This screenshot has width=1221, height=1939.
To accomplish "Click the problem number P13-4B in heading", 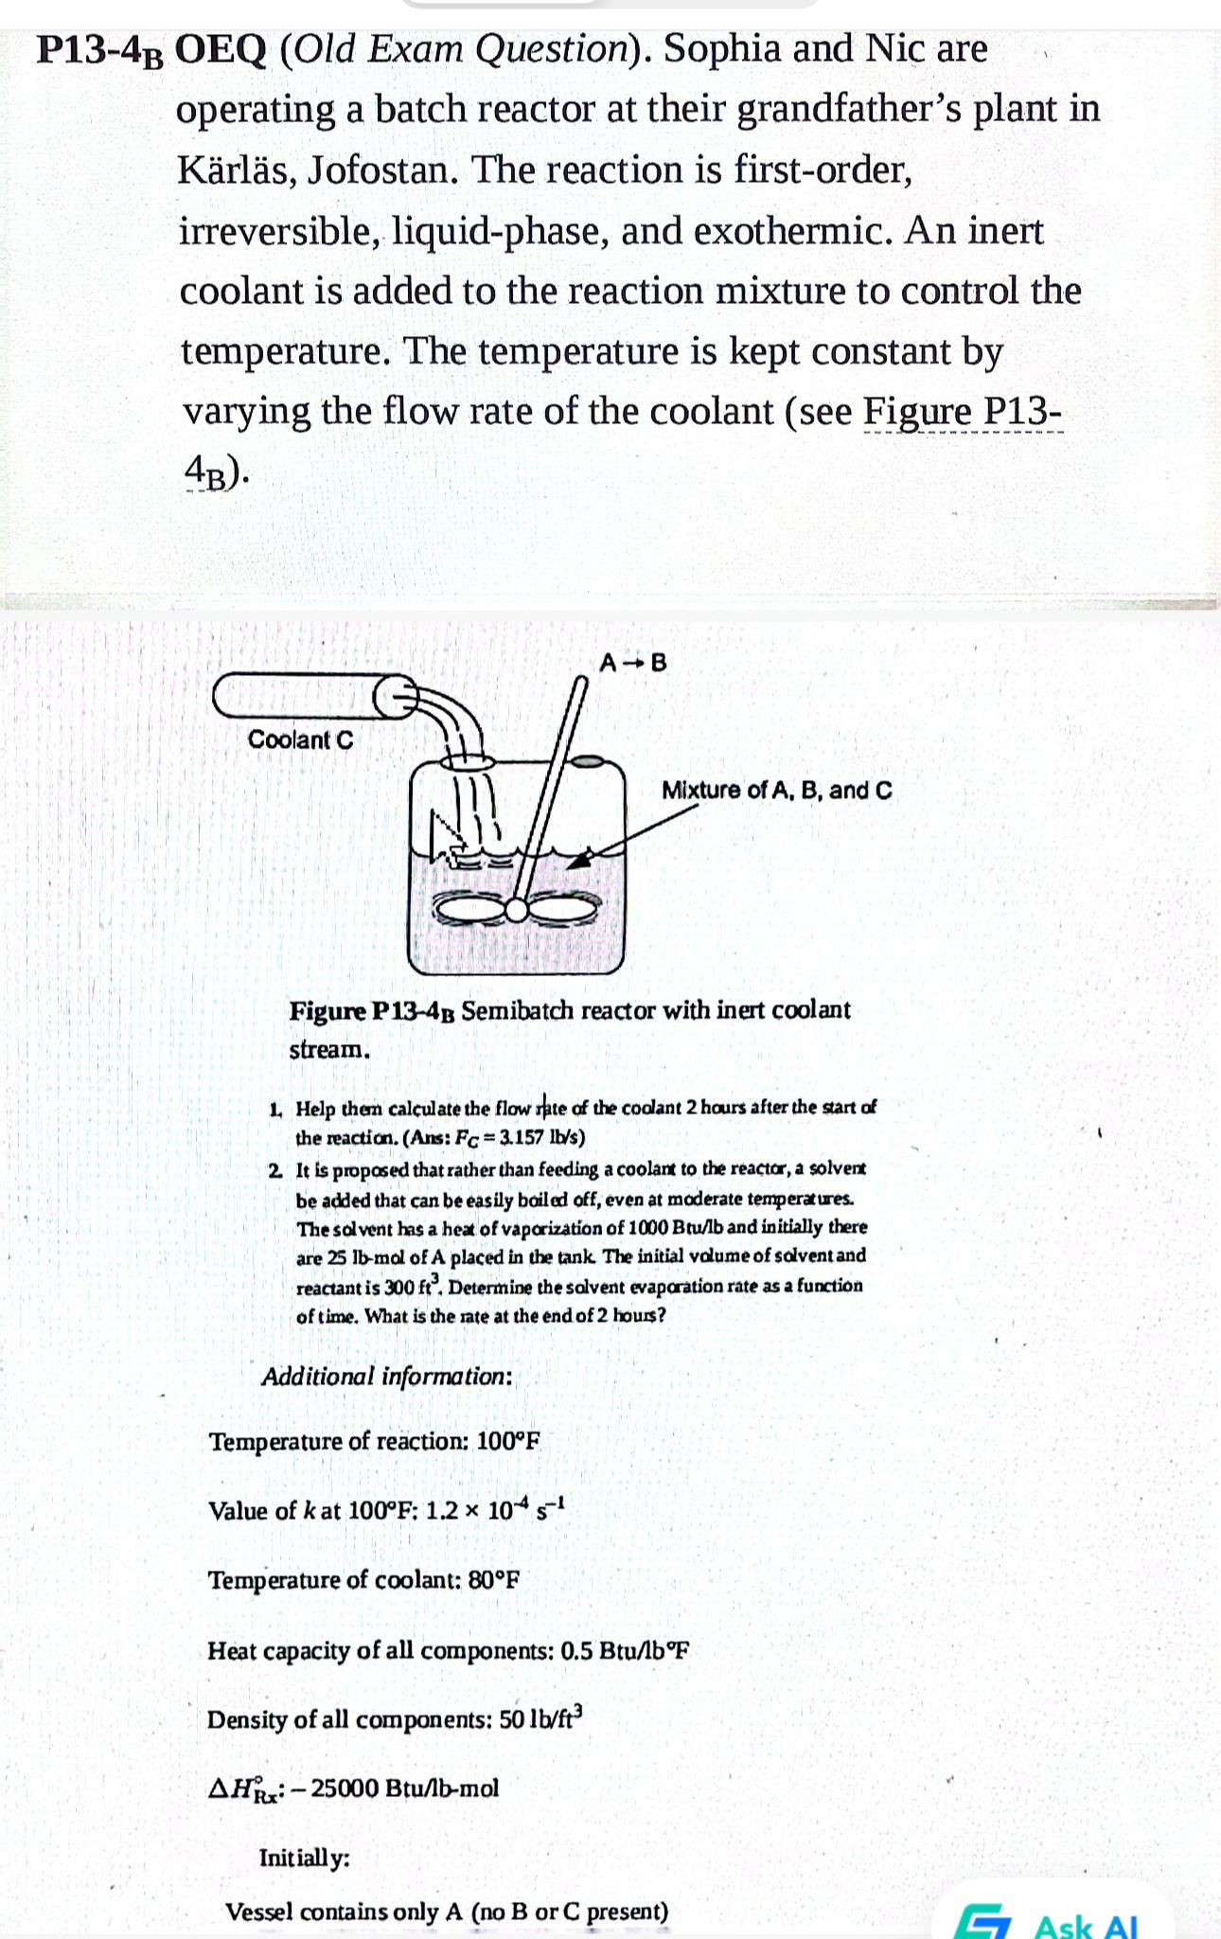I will pyautogui.click(x=99, y=50).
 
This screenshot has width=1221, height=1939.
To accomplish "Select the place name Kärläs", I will pyautogui.click(x=236, y=170).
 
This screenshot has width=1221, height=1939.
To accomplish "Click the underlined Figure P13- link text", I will pyautogui.click(x=963, y=412).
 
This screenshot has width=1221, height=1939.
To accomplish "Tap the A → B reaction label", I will pyautogui.click(x=632, y=663).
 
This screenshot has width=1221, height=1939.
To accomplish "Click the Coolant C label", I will pyautogui.click(x=300, y=739).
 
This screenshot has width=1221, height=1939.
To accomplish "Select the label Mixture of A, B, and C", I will pyautogui.click(x=776, y=790).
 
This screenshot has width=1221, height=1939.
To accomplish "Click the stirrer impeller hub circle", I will pyautogui.click(x=516, y=909).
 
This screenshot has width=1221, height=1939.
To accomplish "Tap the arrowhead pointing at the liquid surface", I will pyautogui.click(x=578, y=860).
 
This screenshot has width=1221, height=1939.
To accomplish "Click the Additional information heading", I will pyautogui.click(x=386, y=1376).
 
